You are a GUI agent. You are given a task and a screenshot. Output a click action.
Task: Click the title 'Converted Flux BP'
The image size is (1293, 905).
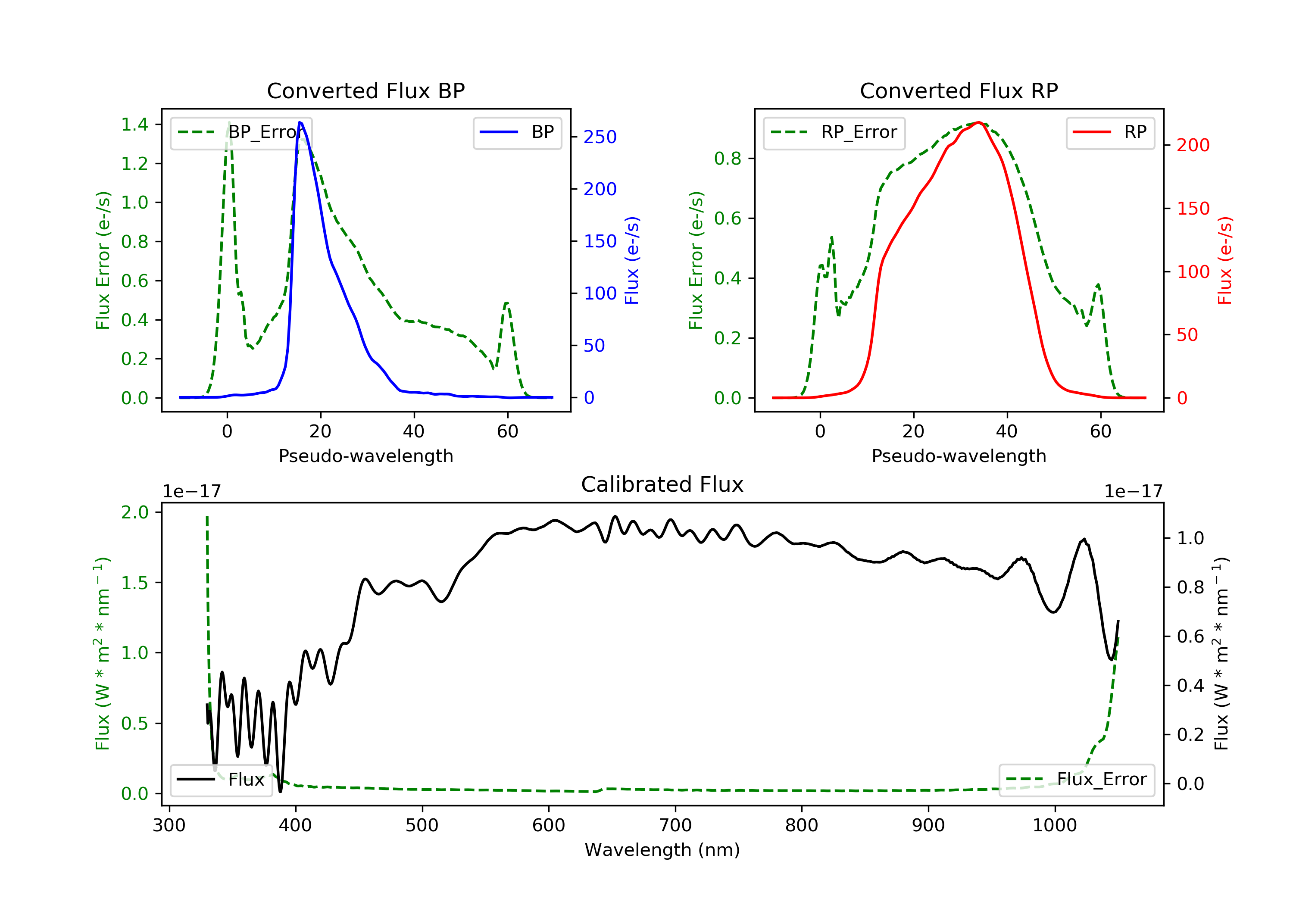pyautogui.click(x=365, y=90)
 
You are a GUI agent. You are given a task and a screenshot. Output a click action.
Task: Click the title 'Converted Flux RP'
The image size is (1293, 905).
pyautogui.click(x=959, y=90)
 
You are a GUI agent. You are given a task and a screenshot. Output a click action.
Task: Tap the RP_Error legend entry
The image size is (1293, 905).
pyautogui.click(x=834, y=132)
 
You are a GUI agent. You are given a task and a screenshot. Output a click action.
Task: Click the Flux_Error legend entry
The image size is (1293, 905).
pyautogui.click(x=1077, y=780)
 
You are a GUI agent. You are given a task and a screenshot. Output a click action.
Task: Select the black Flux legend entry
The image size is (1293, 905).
pyautogui.click(x=222, y=780)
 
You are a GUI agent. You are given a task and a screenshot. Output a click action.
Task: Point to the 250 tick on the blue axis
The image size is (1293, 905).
pyautogui.click(x=600, y=137)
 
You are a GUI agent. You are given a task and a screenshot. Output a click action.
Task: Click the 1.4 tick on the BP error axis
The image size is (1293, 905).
pyautogui.click(x=134, y=125)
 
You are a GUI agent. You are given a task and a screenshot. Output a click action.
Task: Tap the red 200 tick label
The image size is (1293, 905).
pyautogui.click(x=1193, y=145)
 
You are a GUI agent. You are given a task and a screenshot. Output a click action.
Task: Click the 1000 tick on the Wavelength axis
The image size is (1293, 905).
pyautogui.click(x=1054, y=826)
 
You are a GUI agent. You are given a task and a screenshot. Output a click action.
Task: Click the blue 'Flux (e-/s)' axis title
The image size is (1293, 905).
pyautogui.click(x=632, y=260)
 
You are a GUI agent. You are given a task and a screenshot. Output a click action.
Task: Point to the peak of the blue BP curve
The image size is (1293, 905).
pyautogui.click(x=300, y=122)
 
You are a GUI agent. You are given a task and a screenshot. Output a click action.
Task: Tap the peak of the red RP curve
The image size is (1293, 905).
pyautogui.click(x=979, y=122)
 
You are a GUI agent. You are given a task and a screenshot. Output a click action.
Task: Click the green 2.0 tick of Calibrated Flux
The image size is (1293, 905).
pyautogui.click(x=134, y=512)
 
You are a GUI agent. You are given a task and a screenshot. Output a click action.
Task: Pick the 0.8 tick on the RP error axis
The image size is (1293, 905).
pyautogui.click(x=728, y=159)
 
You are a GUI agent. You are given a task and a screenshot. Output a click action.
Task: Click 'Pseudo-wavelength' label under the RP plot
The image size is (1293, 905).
pyautogui.click(x=959, y=456)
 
